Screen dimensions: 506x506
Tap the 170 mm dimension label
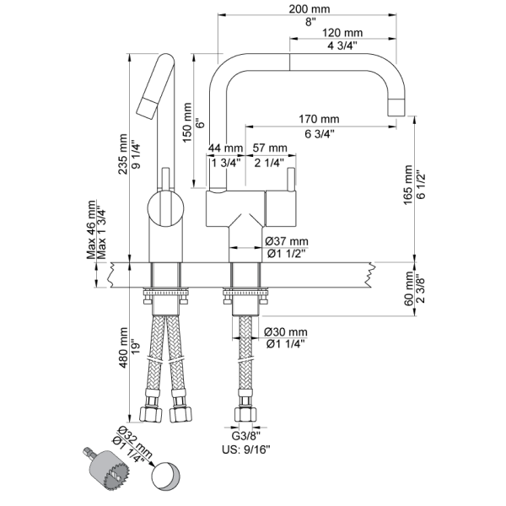(x=319, y=118)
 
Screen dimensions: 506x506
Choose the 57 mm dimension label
(x=270, y=148)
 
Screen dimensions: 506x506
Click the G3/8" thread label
(x=245, y=438)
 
